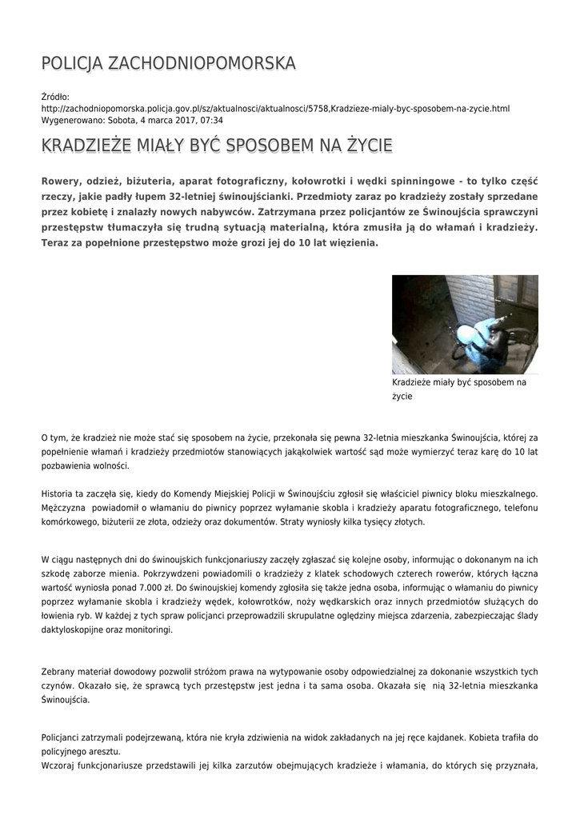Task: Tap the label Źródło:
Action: coord(55,97)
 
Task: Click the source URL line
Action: coord(275,108)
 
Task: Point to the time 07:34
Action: coord(210,120)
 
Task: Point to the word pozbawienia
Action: coord(69,466)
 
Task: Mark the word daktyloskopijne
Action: coord(79,629)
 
